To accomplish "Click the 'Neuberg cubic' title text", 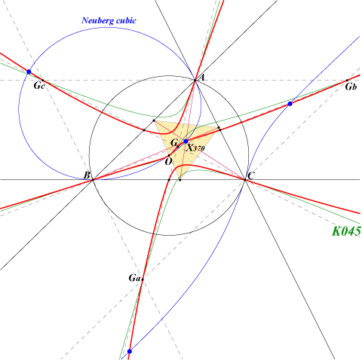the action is click(x=109, y=20).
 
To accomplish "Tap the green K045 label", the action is click(x=346, y=231).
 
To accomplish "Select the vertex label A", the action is click(x=201, y=78).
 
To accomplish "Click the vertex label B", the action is click(x=87, y=175).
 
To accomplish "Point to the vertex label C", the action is click(x=250, y=176).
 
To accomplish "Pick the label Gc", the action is click(x=39, y=86).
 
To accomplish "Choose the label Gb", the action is click(x=351, y=87).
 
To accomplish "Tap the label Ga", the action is click(x=134, y=278).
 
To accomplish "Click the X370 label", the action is click(x=195, y=148).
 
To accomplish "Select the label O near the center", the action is click(x=168, y=162).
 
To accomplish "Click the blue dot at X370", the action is click(x=186, y=142).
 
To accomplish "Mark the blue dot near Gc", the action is click(x=29, y=72).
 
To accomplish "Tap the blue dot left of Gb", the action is click(x=290, y=104).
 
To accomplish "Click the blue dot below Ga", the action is click(x=130, y=351).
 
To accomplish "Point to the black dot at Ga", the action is click(x=143, y=279).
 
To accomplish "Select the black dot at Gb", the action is click(x=347, y=81).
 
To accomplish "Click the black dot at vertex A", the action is click(x=195, y=81).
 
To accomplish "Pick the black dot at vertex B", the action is click(x=93, y=180).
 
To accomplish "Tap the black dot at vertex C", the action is click(x=245, y=180).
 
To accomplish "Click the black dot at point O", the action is click(x=169, y=156).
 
